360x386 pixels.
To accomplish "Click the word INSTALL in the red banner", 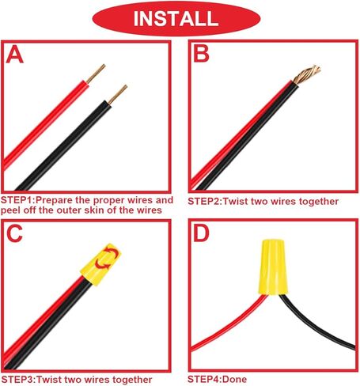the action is click(x=176, y=18).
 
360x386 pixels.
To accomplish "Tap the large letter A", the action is click(x=14, y=54).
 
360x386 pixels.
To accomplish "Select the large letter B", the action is click(x=201, y=53).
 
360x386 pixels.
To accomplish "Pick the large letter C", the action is click(x=14, y=233).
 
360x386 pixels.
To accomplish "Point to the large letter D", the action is click(x=201, y=233).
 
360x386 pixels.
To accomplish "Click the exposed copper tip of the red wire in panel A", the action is click(x=96, y=74).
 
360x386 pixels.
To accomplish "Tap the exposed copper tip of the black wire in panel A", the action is click(x=118, y=94).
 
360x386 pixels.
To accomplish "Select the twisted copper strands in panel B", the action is click(x=307, y=74).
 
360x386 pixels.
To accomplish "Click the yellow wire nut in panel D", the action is click(x=273, y=267).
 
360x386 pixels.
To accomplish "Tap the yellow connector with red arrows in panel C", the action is click(x=100, y=264).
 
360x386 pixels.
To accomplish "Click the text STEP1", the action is click(x=17, y=200).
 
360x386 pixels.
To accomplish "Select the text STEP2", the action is click(x=204, y=202).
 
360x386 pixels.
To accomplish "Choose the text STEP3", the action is click(x=17, y=380).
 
